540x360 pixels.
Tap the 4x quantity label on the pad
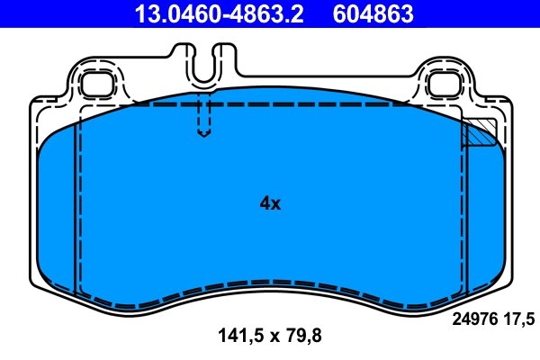270,203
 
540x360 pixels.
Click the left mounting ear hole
94,84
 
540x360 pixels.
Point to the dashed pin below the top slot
204,117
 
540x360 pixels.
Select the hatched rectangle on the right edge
478,133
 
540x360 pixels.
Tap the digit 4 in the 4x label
264,203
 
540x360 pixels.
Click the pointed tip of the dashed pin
204,137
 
